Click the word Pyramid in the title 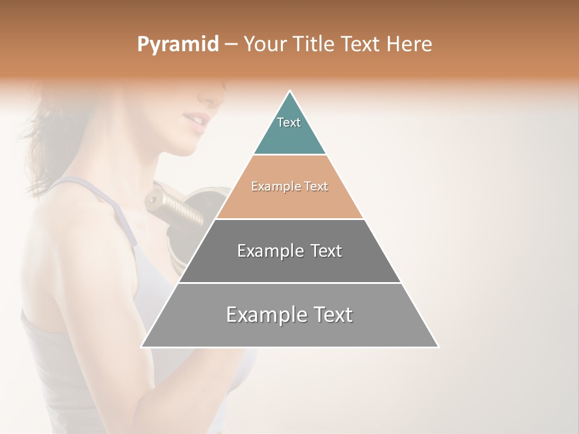pyautogui.click(x=177, y=45)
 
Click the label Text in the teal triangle pyautogui.click(x=289, y=122)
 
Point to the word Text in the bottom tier pyautogui.click(x=332, y=315)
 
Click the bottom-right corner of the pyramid pyautogui.click(x=438, y=347)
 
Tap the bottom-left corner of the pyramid pyautogui.click(x=142, y=347)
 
